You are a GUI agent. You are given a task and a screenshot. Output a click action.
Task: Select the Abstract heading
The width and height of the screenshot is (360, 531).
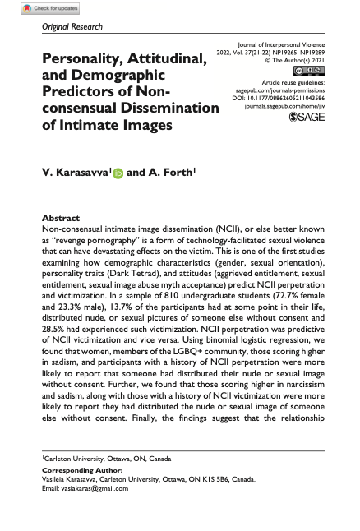[x=60, y=210]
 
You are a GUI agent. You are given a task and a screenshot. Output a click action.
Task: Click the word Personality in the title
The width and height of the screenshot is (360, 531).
[x=89, y=60]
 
